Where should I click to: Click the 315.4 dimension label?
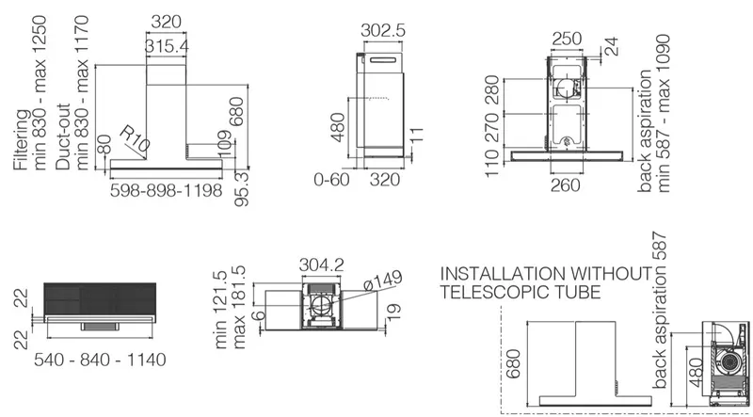(167, 47)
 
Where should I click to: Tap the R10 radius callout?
(134, 138)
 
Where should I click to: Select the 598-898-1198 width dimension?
(167, 190)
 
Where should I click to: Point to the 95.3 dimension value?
(241, 189)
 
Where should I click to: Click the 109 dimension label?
(226, 143)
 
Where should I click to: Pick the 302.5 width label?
(383, 30)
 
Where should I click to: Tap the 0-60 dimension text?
(332, 180)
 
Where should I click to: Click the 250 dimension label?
(567, 39)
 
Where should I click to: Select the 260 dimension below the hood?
(566, 184)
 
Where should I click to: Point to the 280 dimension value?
(492, 89)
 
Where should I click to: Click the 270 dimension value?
(492, 128)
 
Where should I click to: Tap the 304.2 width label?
(321, 265)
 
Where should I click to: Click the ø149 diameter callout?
(382, 281)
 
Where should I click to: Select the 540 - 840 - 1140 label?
(100, 360)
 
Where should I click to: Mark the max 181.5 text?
(239, 308)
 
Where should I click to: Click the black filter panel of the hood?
(100, 298)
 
